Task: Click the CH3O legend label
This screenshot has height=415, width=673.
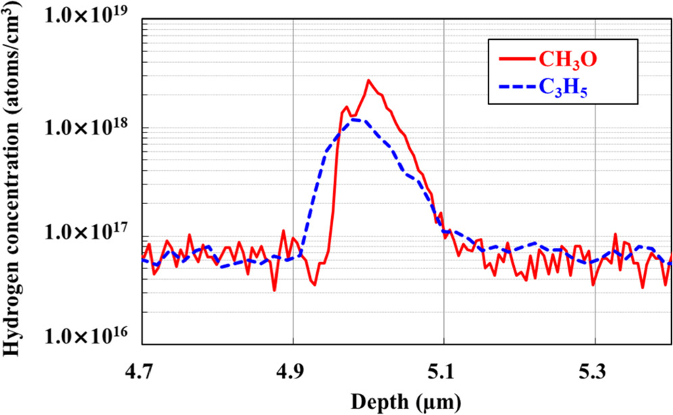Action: (x=568, y=60)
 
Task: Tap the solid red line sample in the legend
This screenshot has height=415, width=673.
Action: (x=516, y=59)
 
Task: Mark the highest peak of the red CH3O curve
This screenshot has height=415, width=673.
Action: (x=368, y=80)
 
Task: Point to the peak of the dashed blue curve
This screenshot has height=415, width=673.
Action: (x=354, y=120)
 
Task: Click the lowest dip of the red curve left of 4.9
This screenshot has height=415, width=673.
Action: (x=274, y=291)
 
